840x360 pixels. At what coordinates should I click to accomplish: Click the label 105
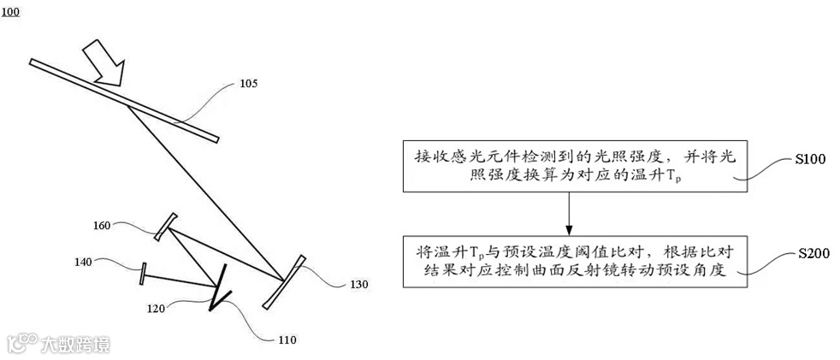(249, 84)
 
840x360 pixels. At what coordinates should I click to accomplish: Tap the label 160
(103, 226)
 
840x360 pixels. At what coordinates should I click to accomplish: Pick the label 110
(287, 340)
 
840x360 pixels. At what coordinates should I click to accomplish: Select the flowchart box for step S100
(569, 167)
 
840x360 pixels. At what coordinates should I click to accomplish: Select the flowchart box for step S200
(569, 255)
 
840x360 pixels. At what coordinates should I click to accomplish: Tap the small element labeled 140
(143, 274)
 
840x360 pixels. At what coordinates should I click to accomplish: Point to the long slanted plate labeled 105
(124, 100)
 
